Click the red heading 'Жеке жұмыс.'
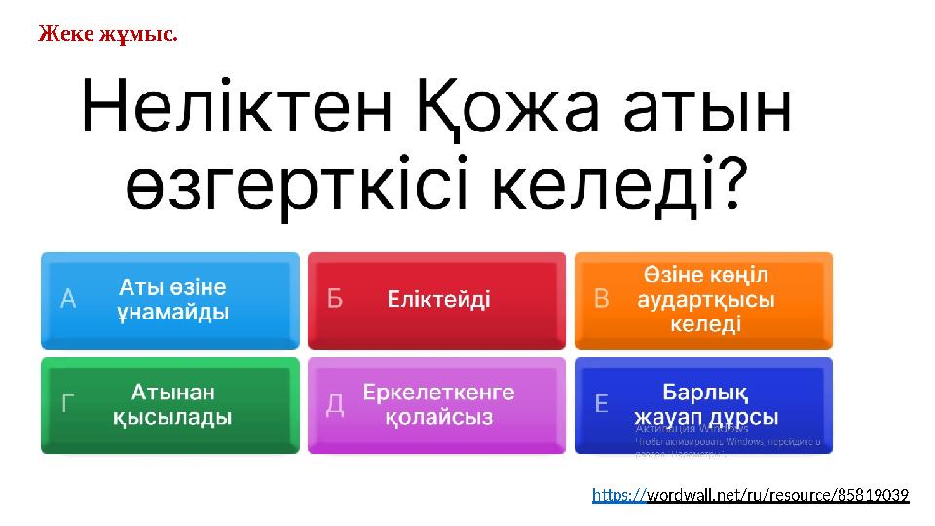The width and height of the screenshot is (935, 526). click(x=108, y=35)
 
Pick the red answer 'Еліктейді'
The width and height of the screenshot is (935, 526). click(x=438, y=300)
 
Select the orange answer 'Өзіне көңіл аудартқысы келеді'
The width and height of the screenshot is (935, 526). click(x=704, y=300)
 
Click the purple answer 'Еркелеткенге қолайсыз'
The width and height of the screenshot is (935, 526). click(x=438, y=404)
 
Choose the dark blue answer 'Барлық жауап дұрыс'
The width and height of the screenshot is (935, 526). click(x=704, y=404)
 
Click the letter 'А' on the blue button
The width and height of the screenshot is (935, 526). click(x=69, y=300)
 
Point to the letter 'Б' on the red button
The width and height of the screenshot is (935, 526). click(x=335, y=300)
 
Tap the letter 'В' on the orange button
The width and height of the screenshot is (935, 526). click(x=602, y=300)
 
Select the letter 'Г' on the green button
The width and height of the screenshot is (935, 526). click(x=69, y=404)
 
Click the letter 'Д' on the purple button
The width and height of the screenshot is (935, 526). click(x=335, y=404)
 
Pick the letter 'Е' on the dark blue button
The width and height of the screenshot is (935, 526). click(x=602, y=404)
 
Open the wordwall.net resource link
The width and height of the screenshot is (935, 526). click(x=750, y=496)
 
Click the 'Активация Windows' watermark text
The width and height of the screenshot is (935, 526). click(x=692, y=428)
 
